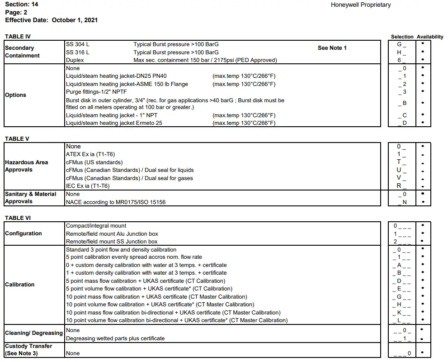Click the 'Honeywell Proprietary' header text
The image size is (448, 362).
pos(360,5)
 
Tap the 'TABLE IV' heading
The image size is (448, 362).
pos(18,36)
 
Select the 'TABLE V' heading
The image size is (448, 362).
pos(17,138)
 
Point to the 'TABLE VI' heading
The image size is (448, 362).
pos(18,218)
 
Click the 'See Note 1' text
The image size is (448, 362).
pos(332,48)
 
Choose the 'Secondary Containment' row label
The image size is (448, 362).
pos(22,52)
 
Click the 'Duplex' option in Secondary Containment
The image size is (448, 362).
pos(75,60)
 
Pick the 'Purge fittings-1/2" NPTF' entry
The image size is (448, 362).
pos(96,92)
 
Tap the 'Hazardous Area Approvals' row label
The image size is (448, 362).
pos(26,166)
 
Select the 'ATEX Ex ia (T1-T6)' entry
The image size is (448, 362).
pos(90,154)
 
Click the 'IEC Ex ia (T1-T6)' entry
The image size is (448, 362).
pos(88,186)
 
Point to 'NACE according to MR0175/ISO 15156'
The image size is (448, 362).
pos(116,202)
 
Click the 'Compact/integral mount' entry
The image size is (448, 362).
pos(96,226)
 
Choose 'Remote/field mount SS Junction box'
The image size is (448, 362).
pos(112,242)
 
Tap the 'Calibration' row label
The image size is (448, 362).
pos(19,285)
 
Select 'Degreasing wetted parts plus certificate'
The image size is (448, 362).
pos(115,338)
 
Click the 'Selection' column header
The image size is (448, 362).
pos(402,37)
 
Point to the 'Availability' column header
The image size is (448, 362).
pos(430,37)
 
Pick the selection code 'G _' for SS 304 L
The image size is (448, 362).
pos(401,44)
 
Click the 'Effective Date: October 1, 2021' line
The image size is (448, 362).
pos(51,20)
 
